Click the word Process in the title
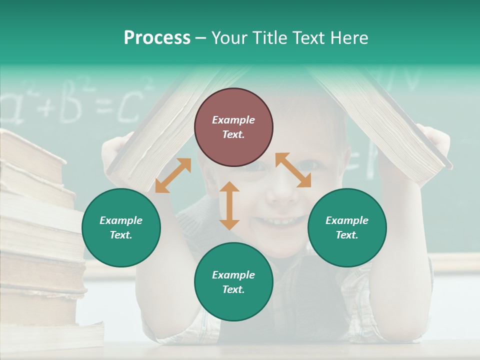click(157, 38)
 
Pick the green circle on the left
click(121, 227)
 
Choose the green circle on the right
click(347, 227)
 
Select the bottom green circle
click(233, 281)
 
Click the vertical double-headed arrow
click(229, 205)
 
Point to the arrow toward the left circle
click(173, 175)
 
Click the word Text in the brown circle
click(233, 135)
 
